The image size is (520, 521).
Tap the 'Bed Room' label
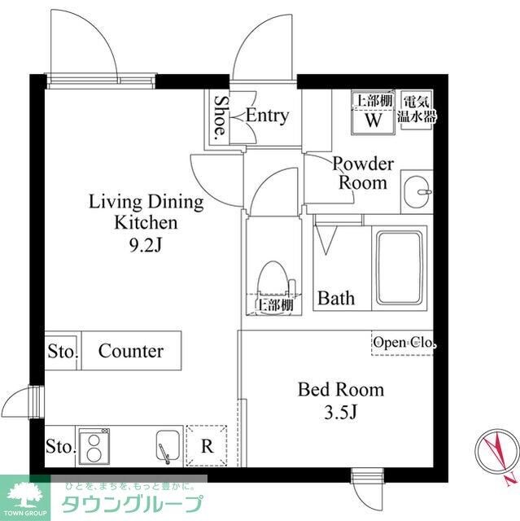[340, 390]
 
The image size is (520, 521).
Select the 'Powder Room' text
[363, 173]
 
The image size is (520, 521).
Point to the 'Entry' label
[267, 116]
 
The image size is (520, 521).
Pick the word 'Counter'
[131, 351]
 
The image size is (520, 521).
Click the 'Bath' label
[336, 298]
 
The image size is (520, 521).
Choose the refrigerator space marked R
[207, 445]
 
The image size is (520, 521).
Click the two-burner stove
[94, 445]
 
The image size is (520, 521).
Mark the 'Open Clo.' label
[404, 344]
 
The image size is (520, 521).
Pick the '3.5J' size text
[340, 413]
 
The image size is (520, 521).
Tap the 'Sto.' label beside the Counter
[61, 352]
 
